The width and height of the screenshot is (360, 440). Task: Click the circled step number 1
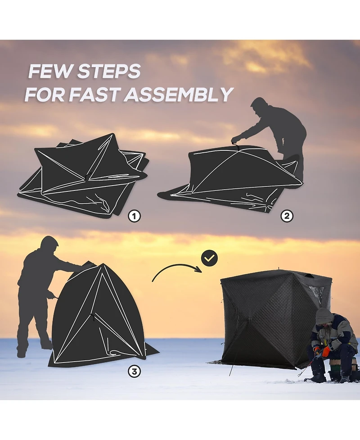tap(134, 216)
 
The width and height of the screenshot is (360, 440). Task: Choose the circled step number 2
tap(287, 216)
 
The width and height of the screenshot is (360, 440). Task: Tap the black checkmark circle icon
tap(210, 258)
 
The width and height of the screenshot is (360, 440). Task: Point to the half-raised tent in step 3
tap(99, 318)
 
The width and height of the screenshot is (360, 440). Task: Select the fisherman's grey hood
tap(324, 316)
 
